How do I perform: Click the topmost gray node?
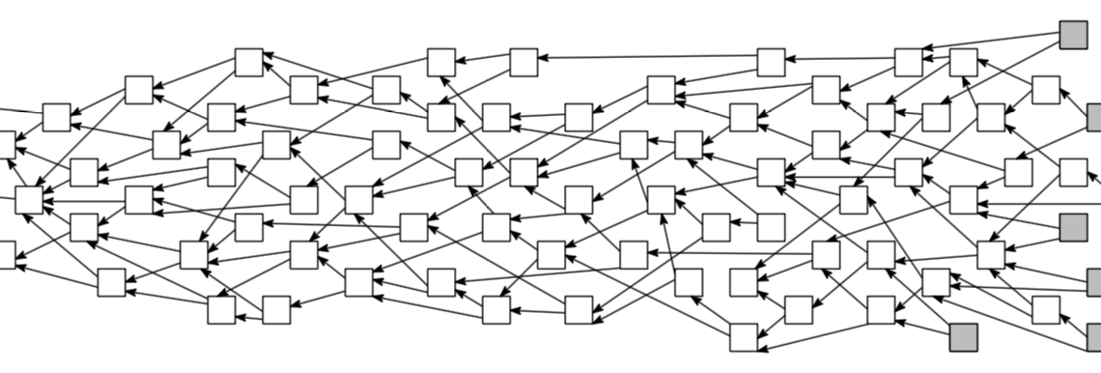coord(1073,35)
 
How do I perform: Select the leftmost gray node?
coord(963,337)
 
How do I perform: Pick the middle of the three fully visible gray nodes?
coord(1073,228)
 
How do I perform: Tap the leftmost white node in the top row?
coord(249,62)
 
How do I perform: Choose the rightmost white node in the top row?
coord(963,62)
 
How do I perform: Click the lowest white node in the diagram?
coord(744,337)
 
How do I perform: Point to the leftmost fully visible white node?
coord(29,200)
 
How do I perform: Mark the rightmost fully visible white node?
coord(1073,172)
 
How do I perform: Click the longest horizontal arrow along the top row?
coord(647,60)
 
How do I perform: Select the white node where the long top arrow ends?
coord(523,62)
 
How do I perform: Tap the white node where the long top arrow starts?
coord(771,62)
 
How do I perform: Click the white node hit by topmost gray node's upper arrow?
coord(908,62)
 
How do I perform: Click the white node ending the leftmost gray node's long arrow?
coord(854,200)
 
